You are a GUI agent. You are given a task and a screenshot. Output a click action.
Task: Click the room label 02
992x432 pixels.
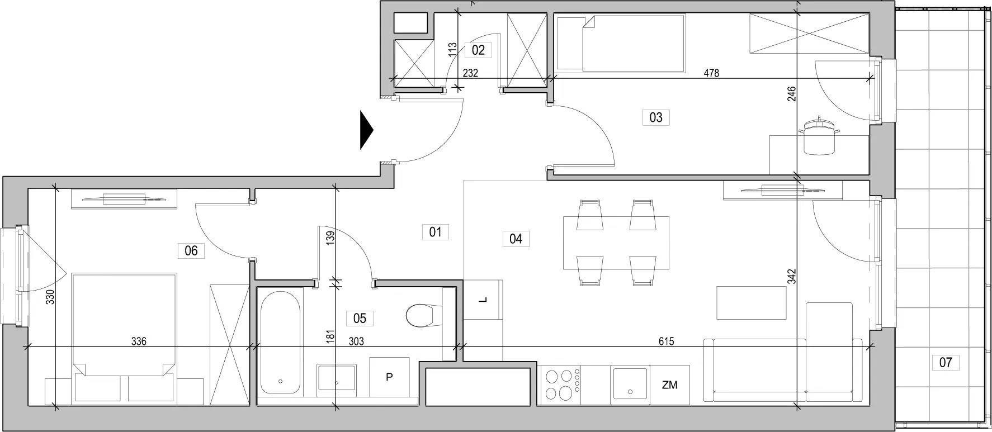tap(478, 50)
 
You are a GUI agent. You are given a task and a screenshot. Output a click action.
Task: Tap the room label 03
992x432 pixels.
tap(656, 117)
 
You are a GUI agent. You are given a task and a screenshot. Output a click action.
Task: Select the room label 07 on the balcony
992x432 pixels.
tap(945, 362)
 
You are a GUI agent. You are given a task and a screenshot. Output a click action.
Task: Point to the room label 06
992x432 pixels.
tap(191, 250)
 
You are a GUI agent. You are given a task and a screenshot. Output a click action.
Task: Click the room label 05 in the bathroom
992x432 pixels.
tap(360, 319)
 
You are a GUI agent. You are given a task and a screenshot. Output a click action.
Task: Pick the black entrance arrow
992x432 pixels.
tap(366, 130)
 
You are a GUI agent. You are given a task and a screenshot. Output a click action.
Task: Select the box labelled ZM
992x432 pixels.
tap(669, 384)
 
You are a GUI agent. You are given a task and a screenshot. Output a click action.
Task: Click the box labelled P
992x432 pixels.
tap(389, 377)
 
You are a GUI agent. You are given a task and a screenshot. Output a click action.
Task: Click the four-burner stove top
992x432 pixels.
tap(561, 385)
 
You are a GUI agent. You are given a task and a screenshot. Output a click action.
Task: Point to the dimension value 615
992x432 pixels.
tap(666, 341)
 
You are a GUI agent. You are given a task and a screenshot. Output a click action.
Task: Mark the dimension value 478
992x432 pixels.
tap(711, 73)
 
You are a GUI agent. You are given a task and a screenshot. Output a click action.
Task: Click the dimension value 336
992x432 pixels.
tap(139, 341)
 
